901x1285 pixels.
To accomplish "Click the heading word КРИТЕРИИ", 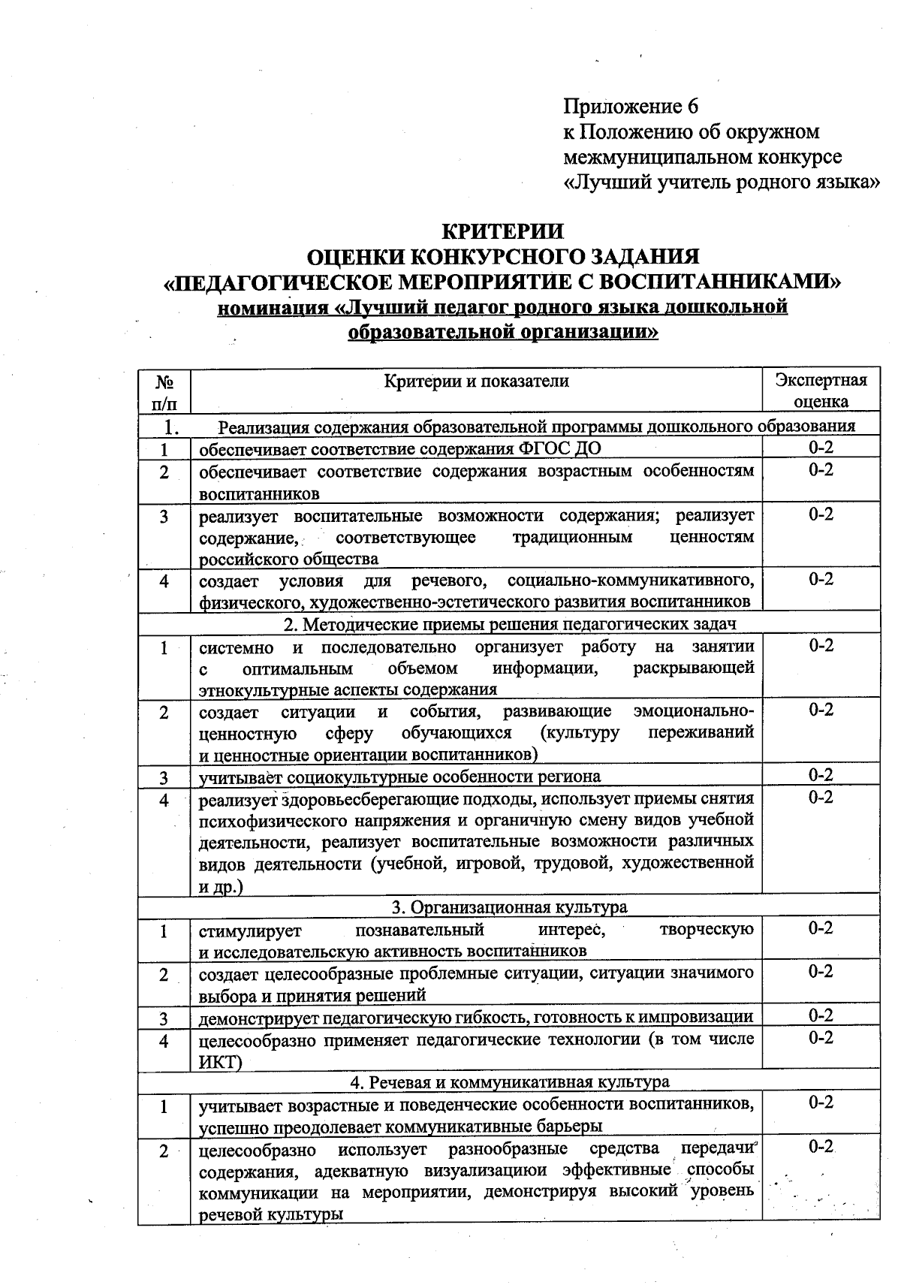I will click(x=502, y=231).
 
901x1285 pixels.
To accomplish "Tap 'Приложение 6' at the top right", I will click(x=631, y=106).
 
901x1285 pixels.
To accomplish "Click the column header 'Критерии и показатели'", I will click(x=476, y=381).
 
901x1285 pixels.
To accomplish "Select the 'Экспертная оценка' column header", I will click(x=821, y=390).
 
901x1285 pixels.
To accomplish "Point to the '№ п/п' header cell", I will click(x=164, y=391).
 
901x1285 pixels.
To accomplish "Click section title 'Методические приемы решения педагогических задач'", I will click(x=518, y=624).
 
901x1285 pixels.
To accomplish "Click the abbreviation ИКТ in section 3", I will click(x=216, y=1062).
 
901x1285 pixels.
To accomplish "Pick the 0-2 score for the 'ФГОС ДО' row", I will click(x=821, y=448).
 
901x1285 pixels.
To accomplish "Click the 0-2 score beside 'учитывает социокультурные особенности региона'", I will click(x=821, y=774).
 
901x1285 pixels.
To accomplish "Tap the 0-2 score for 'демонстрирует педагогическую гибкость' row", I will click(x=821, y=1015).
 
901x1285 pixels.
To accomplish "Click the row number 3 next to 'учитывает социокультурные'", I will click(x=163, y=777).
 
